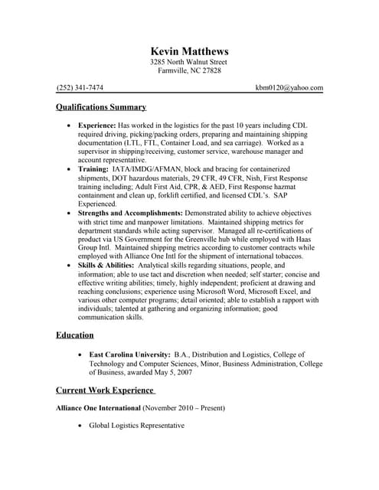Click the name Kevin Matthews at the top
(x=189, y=51)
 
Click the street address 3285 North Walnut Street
(x=189, y=62)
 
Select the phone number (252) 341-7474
(x=80, y=88)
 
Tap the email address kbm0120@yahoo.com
(x=289, y=88)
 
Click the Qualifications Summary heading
(x=101, y=107)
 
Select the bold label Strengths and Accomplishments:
(x=131, y=213)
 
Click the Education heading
(x=75, y=335)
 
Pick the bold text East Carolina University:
(x=129, y=355)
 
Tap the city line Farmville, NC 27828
(x=189, y=71)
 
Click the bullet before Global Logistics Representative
(x=80, y=426)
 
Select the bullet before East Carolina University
(x=80, y=355)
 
